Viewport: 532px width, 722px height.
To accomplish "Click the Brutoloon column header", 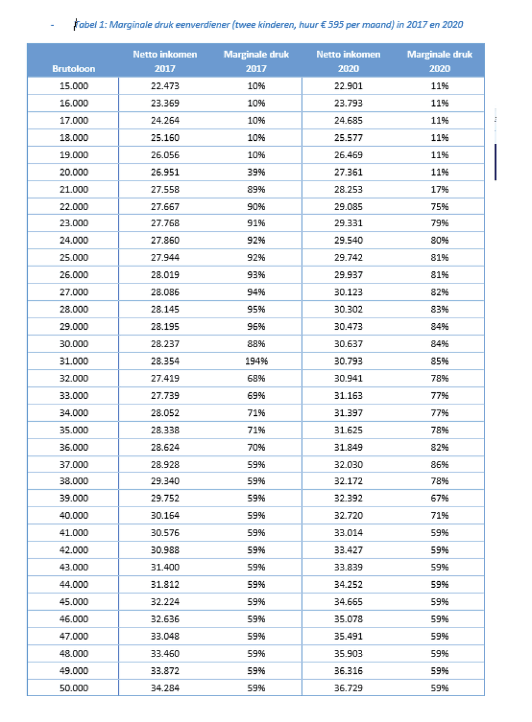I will point(74,69).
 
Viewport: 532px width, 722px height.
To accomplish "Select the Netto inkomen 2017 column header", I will point(164,61).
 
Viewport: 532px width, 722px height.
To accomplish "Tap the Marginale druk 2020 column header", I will point(439,61).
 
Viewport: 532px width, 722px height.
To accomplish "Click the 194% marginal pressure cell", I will point(256,361).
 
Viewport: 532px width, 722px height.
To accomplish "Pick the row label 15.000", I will point(74,86).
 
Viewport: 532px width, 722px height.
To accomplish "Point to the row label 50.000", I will point(74,688).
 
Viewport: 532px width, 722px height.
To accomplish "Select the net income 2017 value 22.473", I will point(164,86).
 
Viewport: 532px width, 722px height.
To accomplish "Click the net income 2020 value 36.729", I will point(348,688).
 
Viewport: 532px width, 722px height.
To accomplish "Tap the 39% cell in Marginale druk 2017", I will point(256,172).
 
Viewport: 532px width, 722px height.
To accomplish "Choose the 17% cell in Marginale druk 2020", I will point(439,190).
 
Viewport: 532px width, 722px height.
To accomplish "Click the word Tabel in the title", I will point(84,25).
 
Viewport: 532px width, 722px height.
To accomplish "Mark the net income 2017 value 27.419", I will point(164,378).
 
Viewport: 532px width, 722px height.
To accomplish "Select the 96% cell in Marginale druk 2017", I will point(256,327).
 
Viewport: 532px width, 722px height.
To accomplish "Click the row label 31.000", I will point(74,361).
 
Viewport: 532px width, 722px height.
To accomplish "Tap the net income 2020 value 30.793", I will point(348,361).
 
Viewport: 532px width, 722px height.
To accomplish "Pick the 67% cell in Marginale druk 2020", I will point(439,498).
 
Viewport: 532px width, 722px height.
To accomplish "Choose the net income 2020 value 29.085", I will point(348,206).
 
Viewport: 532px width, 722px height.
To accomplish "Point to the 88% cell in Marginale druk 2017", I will point(256,344).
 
